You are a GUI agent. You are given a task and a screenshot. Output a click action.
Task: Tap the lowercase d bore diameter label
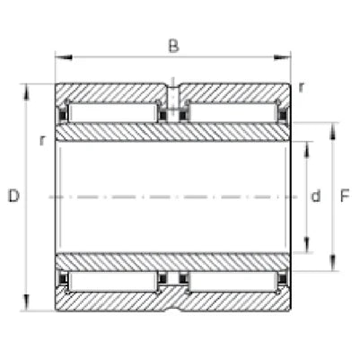316,196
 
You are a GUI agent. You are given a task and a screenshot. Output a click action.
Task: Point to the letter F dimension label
346,196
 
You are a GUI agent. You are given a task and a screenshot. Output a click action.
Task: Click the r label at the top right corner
302,86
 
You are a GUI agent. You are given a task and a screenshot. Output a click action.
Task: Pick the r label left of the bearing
42,141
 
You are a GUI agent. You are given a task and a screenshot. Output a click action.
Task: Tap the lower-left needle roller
112,281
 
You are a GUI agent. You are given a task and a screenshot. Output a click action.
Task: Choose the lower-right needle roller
232,281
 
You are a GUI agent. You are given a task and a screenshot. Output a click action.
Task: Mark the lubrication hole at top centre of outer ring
172,91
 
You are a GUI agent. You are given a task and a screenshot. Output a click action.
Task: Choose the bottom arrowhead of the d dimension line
309,248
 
